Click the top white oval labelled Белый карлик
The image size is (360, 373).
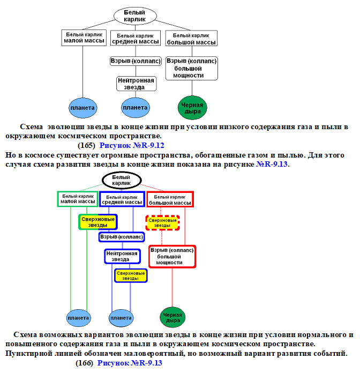tap(135, 16)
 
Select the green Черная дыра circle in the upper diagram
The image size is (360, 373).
tap(192, 108)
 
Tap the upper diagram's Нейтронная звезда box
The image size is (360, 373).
tap(136, 84)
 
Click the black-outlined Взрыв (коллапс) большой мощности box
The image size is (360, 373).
tap(191, 68)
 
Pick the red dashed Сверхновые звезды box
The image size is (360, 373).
tap(162, 222)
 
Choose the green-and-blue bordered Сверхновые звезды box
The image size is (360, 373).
tap(98, 222)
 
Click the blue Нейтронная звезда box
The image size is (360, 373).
tap(122, 256)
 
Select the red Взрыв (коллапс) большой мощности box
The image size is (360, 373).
tap(172, 256)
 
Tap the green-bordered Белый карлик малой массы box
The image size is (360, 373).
tap(78, 199)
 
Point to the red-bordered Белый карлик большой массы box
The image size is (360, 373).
tap(170, 199)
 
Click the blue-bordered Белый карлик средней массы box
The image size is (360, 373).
tap(122, 199)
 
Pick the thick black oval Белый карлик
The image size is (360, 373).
tap(122, 180)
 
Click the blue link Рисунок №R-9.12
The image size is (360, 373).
tap(132, 145)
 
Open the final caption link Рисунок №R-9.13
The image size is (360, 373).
tap(130, 363)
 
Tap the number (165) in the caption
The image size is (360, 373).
tap(86, 145)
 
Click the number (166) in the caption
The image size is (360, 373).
tap(85, 363)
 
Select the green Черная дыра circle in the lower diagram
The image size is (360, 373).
tap(172, 317)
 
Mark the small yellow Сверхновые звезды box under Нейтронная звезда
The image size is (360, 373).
tap(131, 275)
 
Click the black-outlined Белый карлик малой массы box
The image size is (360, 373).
tap(84, 38)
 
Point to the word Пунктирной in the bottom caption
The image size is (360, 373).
tap(27, 354)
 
